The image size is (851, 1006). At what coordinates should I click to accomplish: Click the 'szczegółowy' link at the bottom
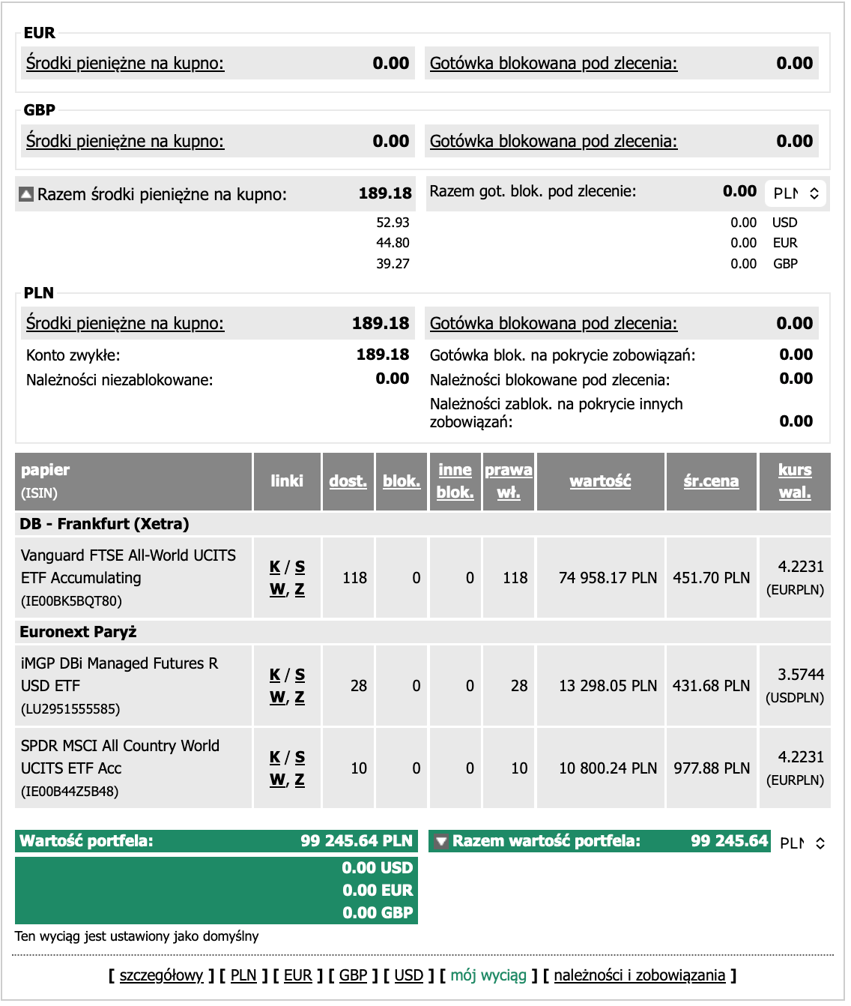(x=161, y=975)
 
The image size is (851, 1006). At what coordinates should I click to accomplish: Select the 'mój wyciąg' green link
(x=488, y=975)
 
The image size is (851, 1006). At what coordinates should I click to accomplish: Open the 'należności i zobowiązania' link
(x=639, y=975)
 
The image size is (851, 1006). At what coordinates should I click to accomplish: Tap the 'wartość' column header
(x=600, y=481)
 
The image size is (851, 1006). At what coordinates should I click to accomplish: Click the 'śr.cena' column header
(x=711, y=481)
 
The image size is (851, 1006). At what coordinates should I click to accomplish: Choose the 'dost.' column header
(x=348, y=481)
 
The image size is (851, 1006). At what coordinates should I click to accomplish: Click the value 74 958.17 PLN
(x=608, y=578)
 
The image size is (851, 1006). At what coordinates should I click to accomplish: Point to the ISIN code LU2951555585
(x=70, y=709)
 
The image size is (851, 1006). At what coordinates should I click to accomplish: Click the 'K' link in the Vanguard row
(x=275, y=567)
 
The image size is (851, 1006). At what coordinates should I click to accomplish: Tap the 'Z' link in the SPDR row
(x=300, y=780)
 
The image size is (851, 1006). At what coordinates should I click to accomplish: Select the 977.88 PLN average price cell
(x=711, y=768)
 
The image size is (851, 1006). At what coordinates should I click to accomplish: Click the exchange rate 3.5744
(x=800, y=675)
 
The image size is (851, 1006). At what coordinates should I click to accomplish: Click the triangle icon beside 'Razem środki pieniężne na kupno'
(x=26, y=195)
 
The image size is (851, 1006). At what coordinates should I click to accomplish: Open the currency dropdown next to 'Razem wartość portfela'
(x=802, y=843)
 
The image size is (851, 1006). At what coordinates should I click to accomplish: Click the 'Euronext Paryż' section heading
(x=78, y=632)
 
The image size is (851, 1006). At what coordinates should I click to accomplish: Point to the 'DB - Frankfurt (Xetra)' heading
(x=104, y=524)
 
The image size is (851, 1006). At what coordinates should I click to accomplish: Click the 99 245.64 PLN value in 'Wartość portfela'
(x=356, y=841)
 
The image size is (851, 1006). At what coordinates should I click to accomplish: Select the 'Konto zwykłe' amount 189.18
(x=382, y=355)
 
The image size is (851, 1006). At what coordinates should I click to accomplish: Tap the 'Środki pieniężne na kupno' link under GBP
(x=125, y=141)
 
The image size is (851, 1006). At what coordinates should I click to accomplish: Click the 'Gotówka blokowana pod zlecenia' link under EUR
(x=553, y=64)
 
